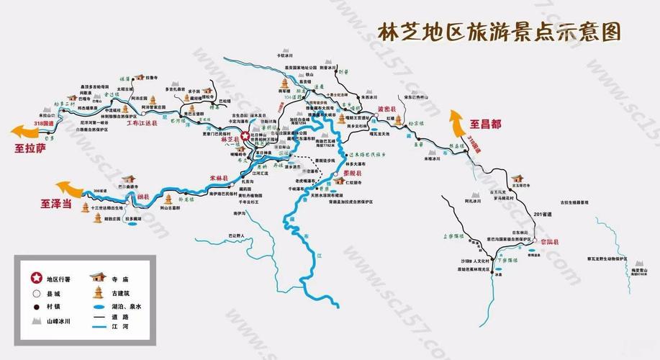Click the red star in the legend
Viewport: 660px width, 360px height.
[34, 279]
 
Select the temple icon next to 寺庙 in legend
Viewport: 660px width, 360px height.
[97, 277]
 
